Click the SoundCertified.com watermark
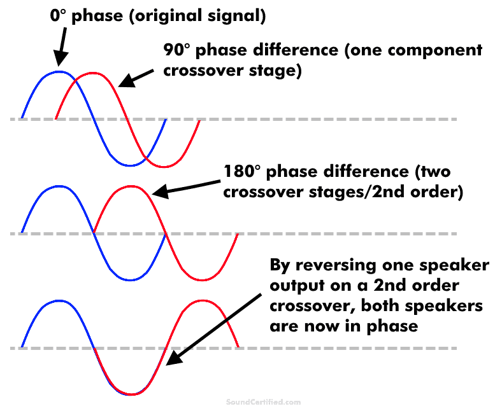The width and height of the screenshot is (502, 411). pos(263,402)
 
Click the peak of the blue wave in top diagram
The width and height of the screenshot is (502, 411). pos(59,71)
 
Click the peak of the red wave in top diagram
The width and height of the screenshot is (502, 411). pos(94,73)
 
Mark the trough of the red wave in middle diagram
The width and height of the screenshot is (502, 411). pos(203,279)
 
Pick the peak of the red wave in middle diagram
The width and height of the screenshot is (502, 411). pos(131,186)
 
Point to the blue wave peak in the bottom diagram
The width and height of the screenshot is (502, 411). pos(59,300)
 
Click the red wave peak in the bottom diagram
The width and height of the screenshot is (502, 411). pos(203,300)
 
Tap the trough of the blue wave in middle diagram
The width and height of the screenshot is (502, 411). pos(131,279)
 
